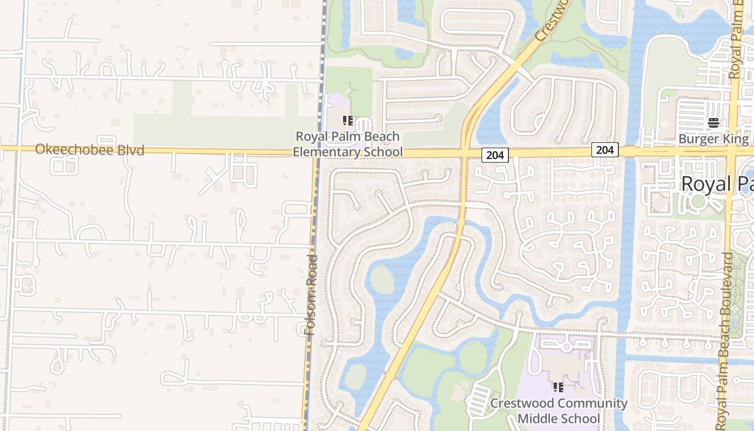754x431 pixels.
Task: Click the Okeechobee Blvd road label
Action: (89, 150)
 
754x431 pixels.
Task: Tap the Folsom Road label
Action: (311, 295)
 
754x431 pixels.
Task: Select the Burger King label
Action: (713, 139)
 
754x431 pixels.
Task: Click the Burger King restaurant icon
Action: (714, 123)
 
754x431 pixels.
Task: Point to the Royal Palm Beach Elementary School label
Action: (347, 144)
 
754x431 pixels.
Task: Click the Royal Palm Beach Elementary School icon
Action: (348, 121)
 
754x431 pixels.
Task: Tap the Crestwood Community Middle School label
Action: (558, 411)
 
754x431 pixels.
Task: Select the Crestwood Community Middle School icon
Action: (558, 387)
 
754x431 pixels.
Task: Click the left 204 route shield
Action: (494, 155)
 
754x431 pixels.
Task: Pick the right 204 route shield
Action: (605, 149)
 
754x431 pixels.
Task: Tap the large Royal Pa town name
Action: (717, 184)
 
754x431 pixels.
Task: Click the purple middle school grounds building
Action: (560, 366)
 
